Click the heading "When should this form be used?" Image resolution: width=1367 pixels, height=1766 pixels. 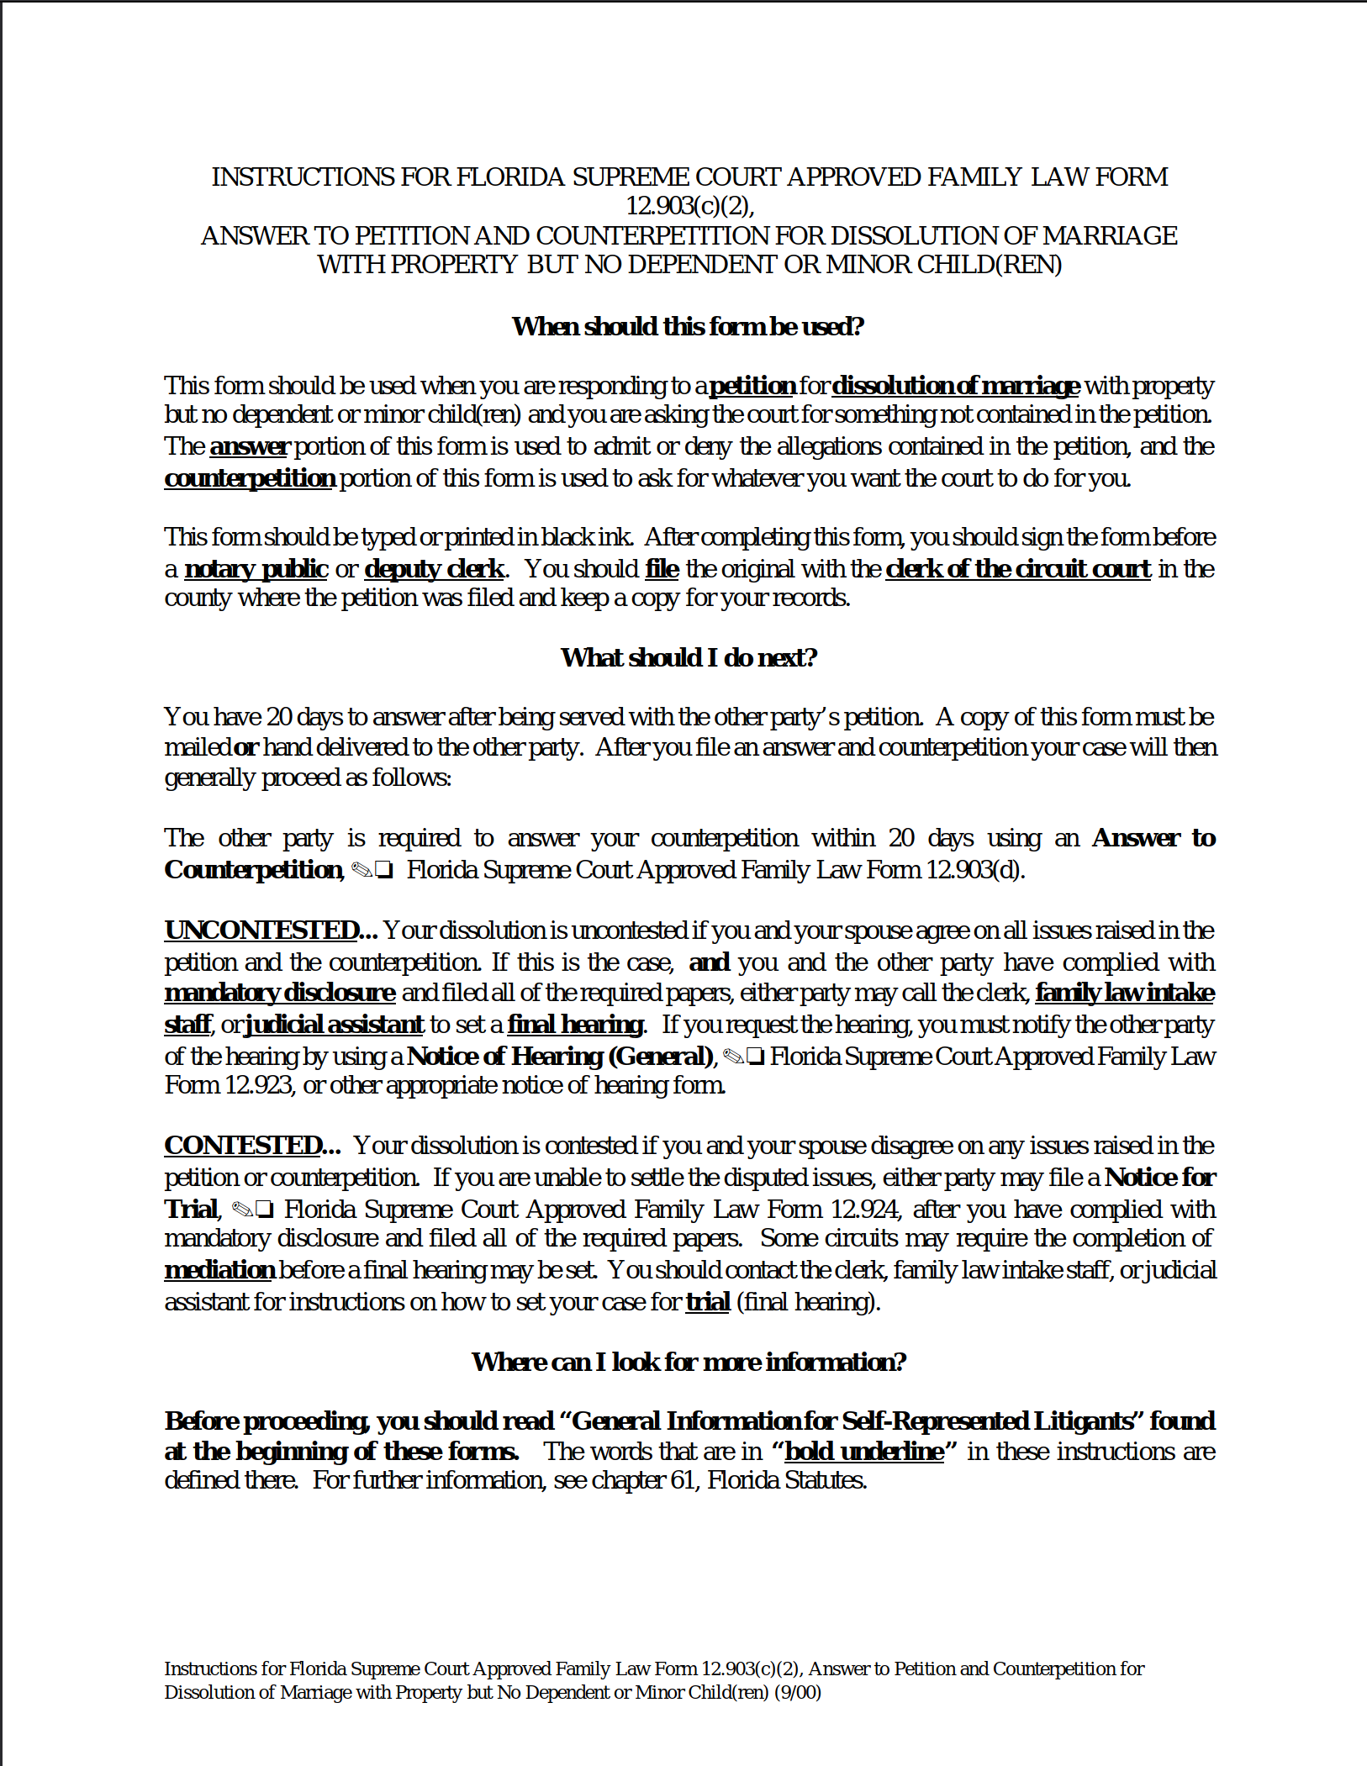688,326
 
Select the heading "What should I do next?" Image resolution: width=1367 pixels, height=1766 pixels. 689,657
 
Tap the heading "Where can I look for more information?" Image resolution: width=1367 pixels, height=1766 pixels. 689,1362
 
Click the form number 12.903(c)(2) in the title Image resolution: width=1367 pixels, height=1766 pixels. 689,206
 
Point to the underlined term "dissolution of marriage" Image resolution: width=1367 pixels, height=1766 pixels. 955,386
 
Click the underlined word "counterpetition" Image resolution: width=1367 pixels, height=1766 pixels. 250,478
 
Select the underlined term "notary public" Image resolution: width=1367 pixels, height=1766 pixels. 256,569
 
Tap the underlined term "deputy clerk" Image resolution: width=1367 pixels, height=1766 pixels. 434,569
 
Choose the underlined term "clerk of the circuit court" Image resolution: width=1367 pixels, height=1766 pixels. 1017,569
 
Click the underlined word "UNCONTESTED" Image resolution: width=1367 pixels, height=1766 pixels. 261,930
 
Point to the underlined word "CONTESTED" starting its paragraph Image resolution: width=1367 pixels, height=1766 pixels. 243,1146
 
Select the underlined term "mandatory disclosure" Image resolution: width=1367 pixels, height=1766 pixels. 279,993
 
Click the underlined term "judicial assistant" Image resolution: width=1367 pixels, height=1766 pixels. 334,1025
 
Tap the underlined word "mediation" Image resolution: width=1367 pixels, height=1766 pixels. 219,1270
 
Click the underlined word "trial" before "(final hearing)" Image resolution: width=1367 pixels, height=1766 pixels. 707,1302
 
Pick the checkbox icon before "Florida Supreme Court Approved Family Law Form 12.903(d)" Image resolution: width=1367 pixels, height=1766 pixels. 384,871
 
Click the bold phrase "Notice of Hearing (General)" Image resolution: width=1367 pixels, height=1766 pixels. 560,1057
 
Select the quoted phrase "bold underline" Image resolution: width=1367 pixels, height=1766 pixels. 863,1452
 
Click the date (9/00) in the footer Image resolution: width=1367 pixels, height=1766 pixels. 797,1693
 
